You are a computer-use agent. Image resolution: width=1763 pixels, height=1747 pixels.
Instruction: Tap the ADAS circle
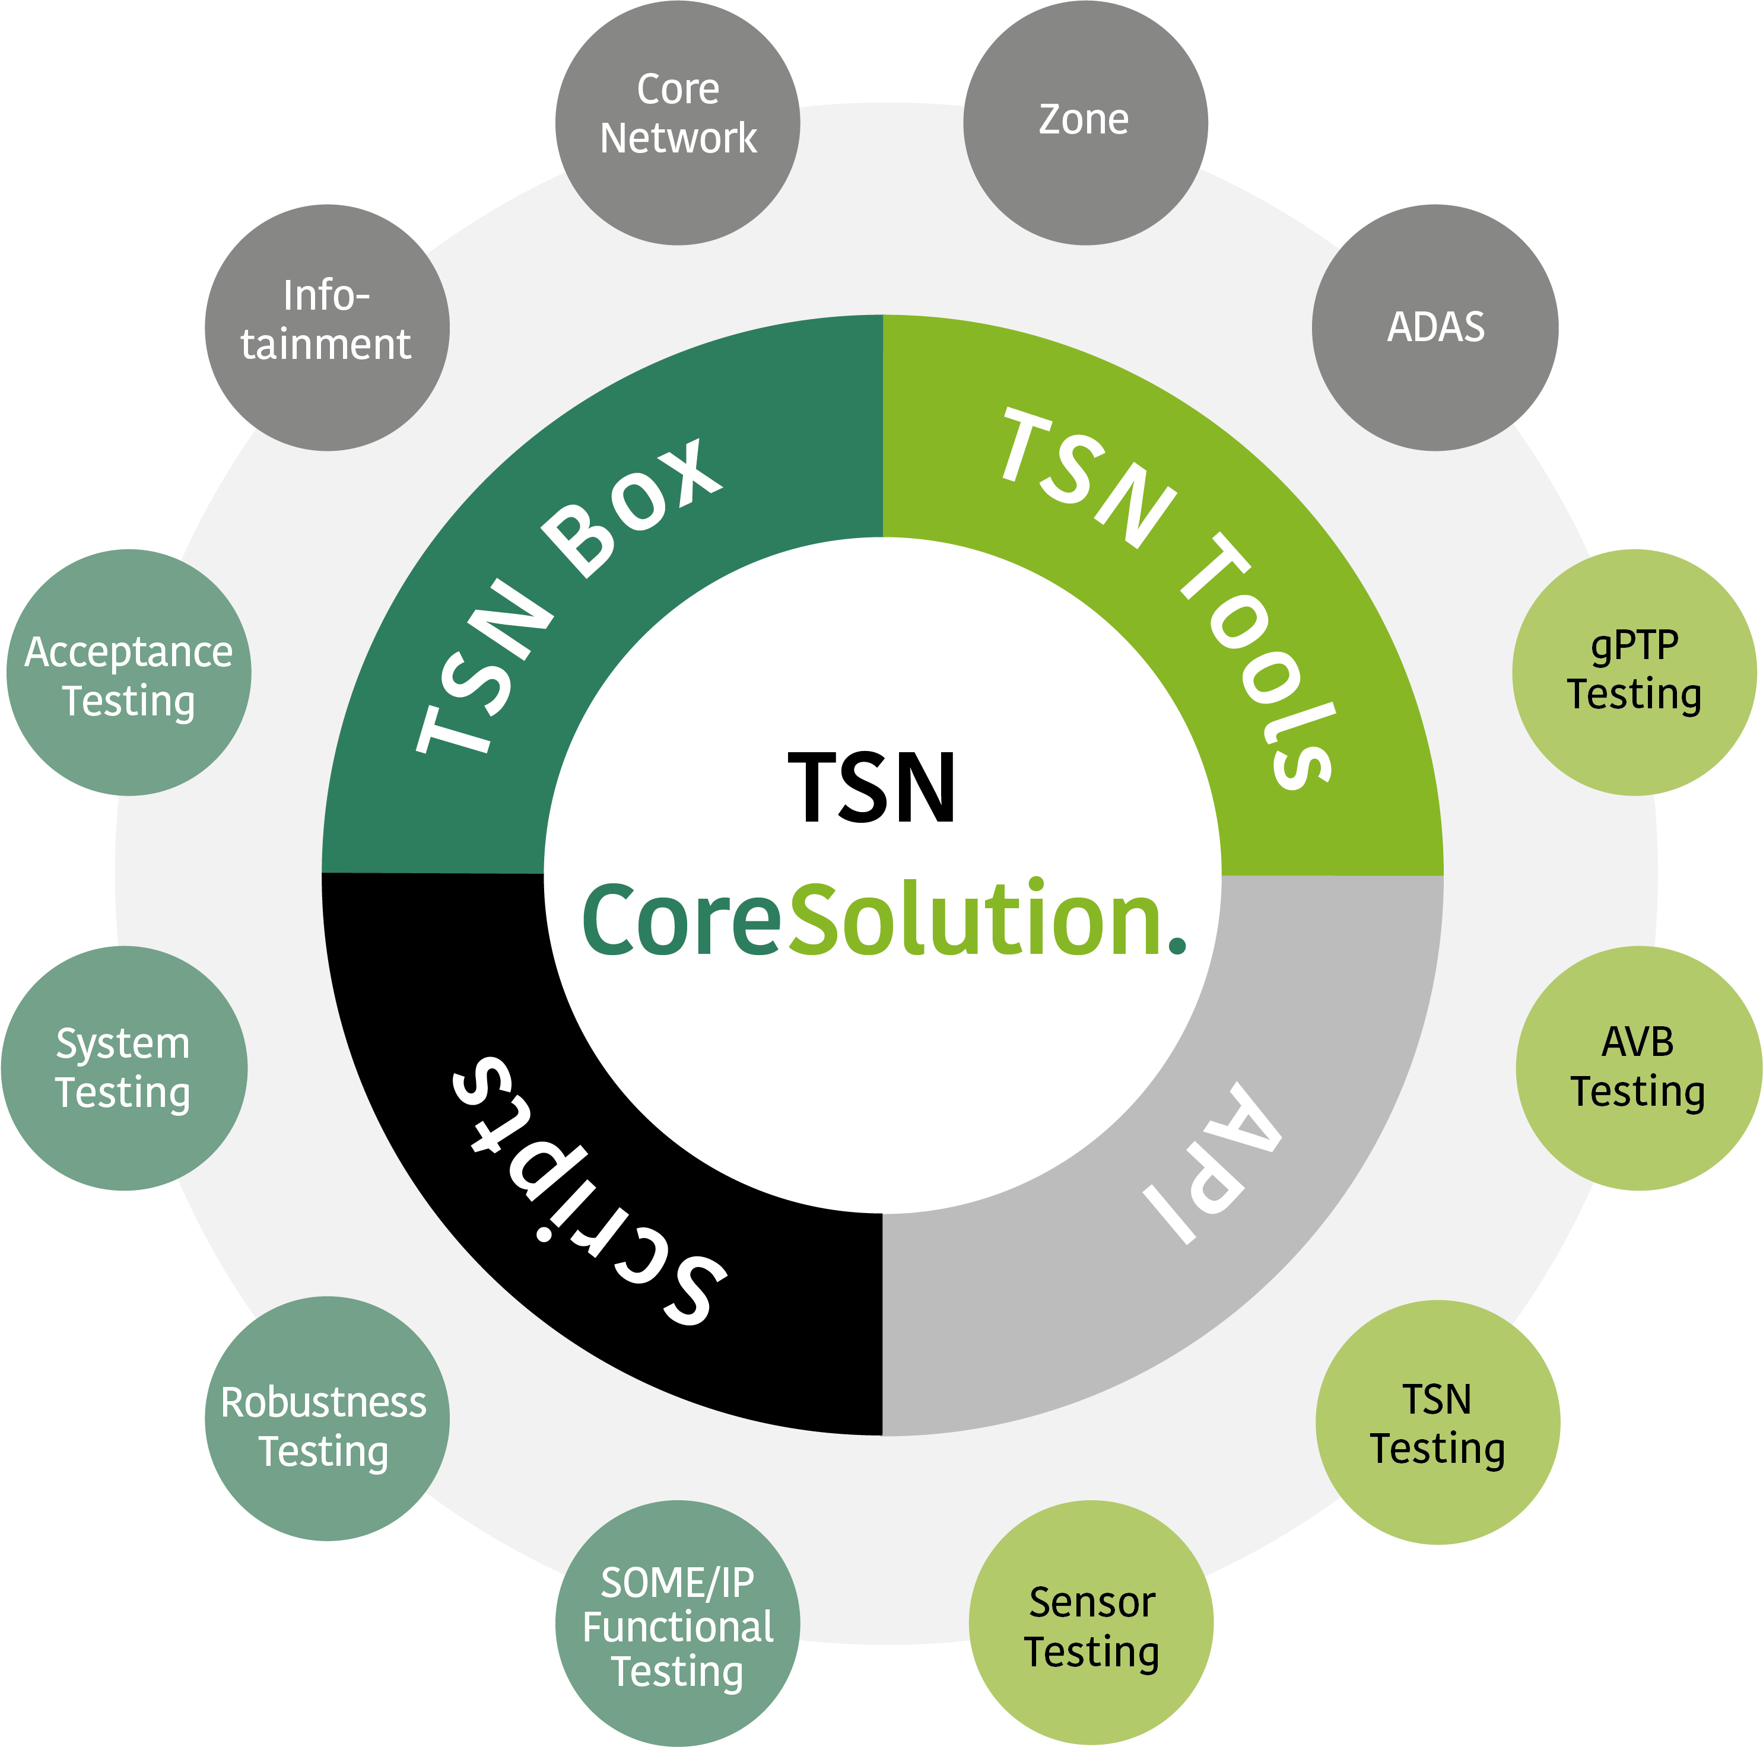pos(1434,327)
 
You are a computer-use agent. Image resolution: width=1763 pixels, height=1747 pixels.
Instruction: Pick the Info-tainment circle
pos(327,327)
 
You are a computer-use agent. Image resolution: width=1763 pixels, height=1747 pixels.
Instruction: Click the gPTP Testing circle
pos(1634,672)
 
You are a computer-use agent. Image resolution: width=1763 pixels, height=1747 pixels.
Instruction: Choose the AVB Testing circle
pos(1638,1067)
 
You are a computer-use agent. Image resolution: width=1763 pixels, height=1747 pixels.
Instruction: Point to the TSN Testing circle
pos(1437,1423)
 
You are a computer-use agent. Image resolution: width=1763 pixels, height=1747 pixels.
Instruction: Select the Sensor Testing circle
pos(1091,1623)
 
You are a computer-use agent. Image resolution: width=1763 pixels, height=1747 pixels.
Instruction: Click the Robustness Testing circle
pos(327,1418)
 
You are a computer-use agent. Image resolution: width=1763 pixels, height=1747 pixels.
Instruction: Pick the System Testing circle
pos(124,1067)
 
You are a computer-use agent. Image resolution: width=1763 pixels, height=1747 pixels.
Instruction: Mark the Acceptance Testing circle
pos(129,672)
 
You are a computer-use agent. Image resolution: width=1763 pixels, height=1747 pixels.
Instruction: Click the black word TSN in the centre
pos(872,787)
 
